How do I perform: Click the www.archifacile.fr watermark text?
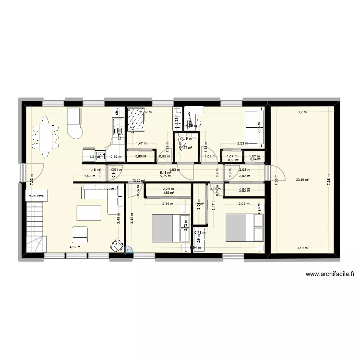330,275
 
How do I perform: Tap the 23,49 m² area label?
302,180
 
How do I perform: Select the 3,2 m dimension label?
301,112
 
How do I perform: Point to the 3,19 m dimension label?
302,248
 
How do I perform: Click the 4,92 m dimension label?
75,248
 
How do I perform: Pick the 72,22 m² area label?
138,181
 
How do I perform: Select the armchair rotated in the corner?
117,245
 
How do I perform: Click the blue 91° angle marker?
129,249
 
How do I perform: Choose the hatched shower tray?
136,118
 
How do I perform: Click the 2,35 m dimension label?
168,204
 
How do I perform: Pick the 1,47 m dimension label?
141,143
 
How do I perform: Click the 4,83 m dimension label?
174,169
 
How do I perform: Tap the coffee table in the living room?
89,213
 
